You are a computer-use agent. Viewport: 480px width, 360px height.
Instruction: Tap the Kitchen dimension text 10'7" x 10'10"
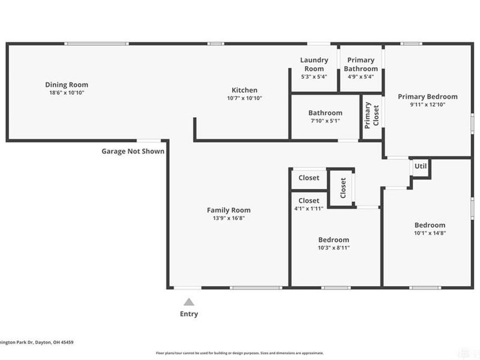click(244, 98)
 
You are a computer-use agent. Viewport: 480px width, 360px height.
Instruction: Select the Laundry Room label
click(314, 64)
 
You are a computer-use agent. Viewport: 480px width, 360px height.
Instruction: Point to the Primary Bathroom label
click(361, 64)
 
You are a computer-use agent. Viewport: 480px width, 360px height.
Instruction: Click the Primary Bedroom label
click(428, 96)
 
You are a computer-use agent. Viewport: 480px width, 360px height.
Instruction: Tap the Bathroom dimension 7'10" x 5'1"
click(325, 121)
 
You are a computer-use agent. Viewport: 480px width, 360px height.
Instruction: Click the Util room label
click(420, 166)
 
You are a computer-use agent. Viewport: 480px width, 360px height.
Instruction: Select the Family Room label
click(229, 210)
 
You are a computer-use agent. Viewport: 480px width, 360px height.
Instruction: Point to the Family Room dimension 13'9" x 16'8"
click(229, 218)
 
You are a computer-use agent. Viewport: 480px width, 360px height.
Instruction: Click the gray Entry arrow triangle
click(188, 302)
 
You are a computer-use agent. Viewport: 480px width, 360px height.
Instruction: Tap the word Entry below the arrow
click(188, 314)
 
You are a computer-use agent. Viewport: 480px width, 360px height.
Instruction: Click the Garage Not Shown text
click(133, 151)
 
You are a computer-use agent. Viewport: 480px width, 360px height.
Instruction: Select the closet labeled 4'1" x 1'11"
click(308, 204)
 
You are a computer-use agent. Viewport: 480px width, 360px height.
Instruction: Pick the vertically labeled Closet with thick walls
click(343, 188)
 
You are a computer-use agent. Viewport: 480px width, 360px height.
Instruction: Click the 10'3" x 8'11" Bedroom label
click(333, 243)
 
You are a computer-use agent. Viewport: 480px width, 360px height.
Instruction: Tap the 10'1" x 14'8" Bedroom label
click(429, 229)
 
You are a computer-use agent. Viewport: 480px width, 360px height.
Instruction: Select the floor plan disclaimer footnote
click(240, 353)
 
